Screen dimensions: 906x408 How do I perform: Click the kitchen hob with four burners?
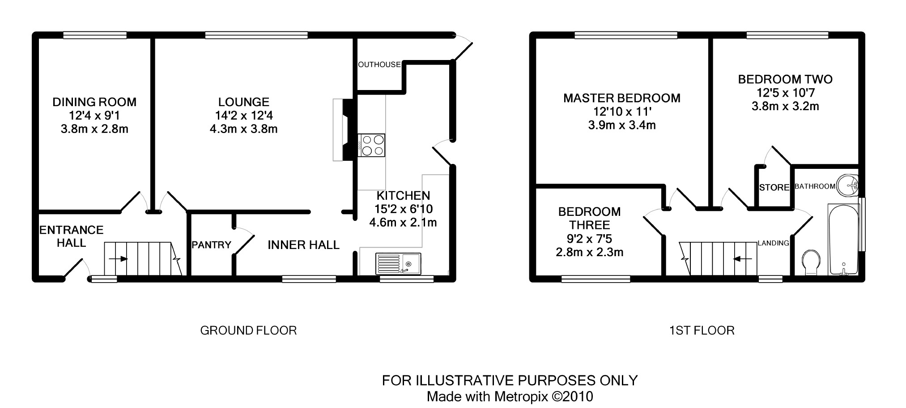371,145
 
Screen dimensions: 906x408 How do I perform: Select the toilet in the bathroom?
811,264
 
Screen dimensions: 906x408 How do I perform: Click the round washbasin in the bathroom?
848,185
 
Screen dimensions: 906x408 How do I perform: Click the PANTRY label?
211,245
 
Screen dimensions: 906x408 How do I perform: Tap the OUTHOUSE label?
379,64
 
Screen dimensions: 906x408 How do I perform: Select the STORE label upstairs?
774,188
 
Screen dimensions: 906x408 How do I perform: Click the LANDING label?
773,243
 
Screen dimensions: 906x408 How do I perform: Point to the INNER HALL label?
303,245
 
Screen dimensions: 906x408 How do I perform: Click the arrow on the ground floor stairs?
118,259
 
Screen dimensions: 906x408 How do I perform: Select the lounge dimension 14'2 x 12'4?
244,116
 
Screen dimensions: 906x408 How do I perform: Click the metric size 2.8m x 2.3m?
589,252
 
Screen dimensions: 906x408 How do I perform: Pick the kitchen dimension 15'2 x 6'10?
403,209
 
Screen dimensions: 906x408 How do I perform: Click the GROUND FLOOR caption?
248,331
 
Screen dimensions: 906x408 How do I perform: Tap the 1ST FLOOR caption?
702,331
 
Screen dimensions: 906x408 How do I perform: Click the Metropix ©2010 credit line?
510,396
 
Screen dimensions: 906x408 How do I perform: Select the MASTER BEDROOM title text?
621,98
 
